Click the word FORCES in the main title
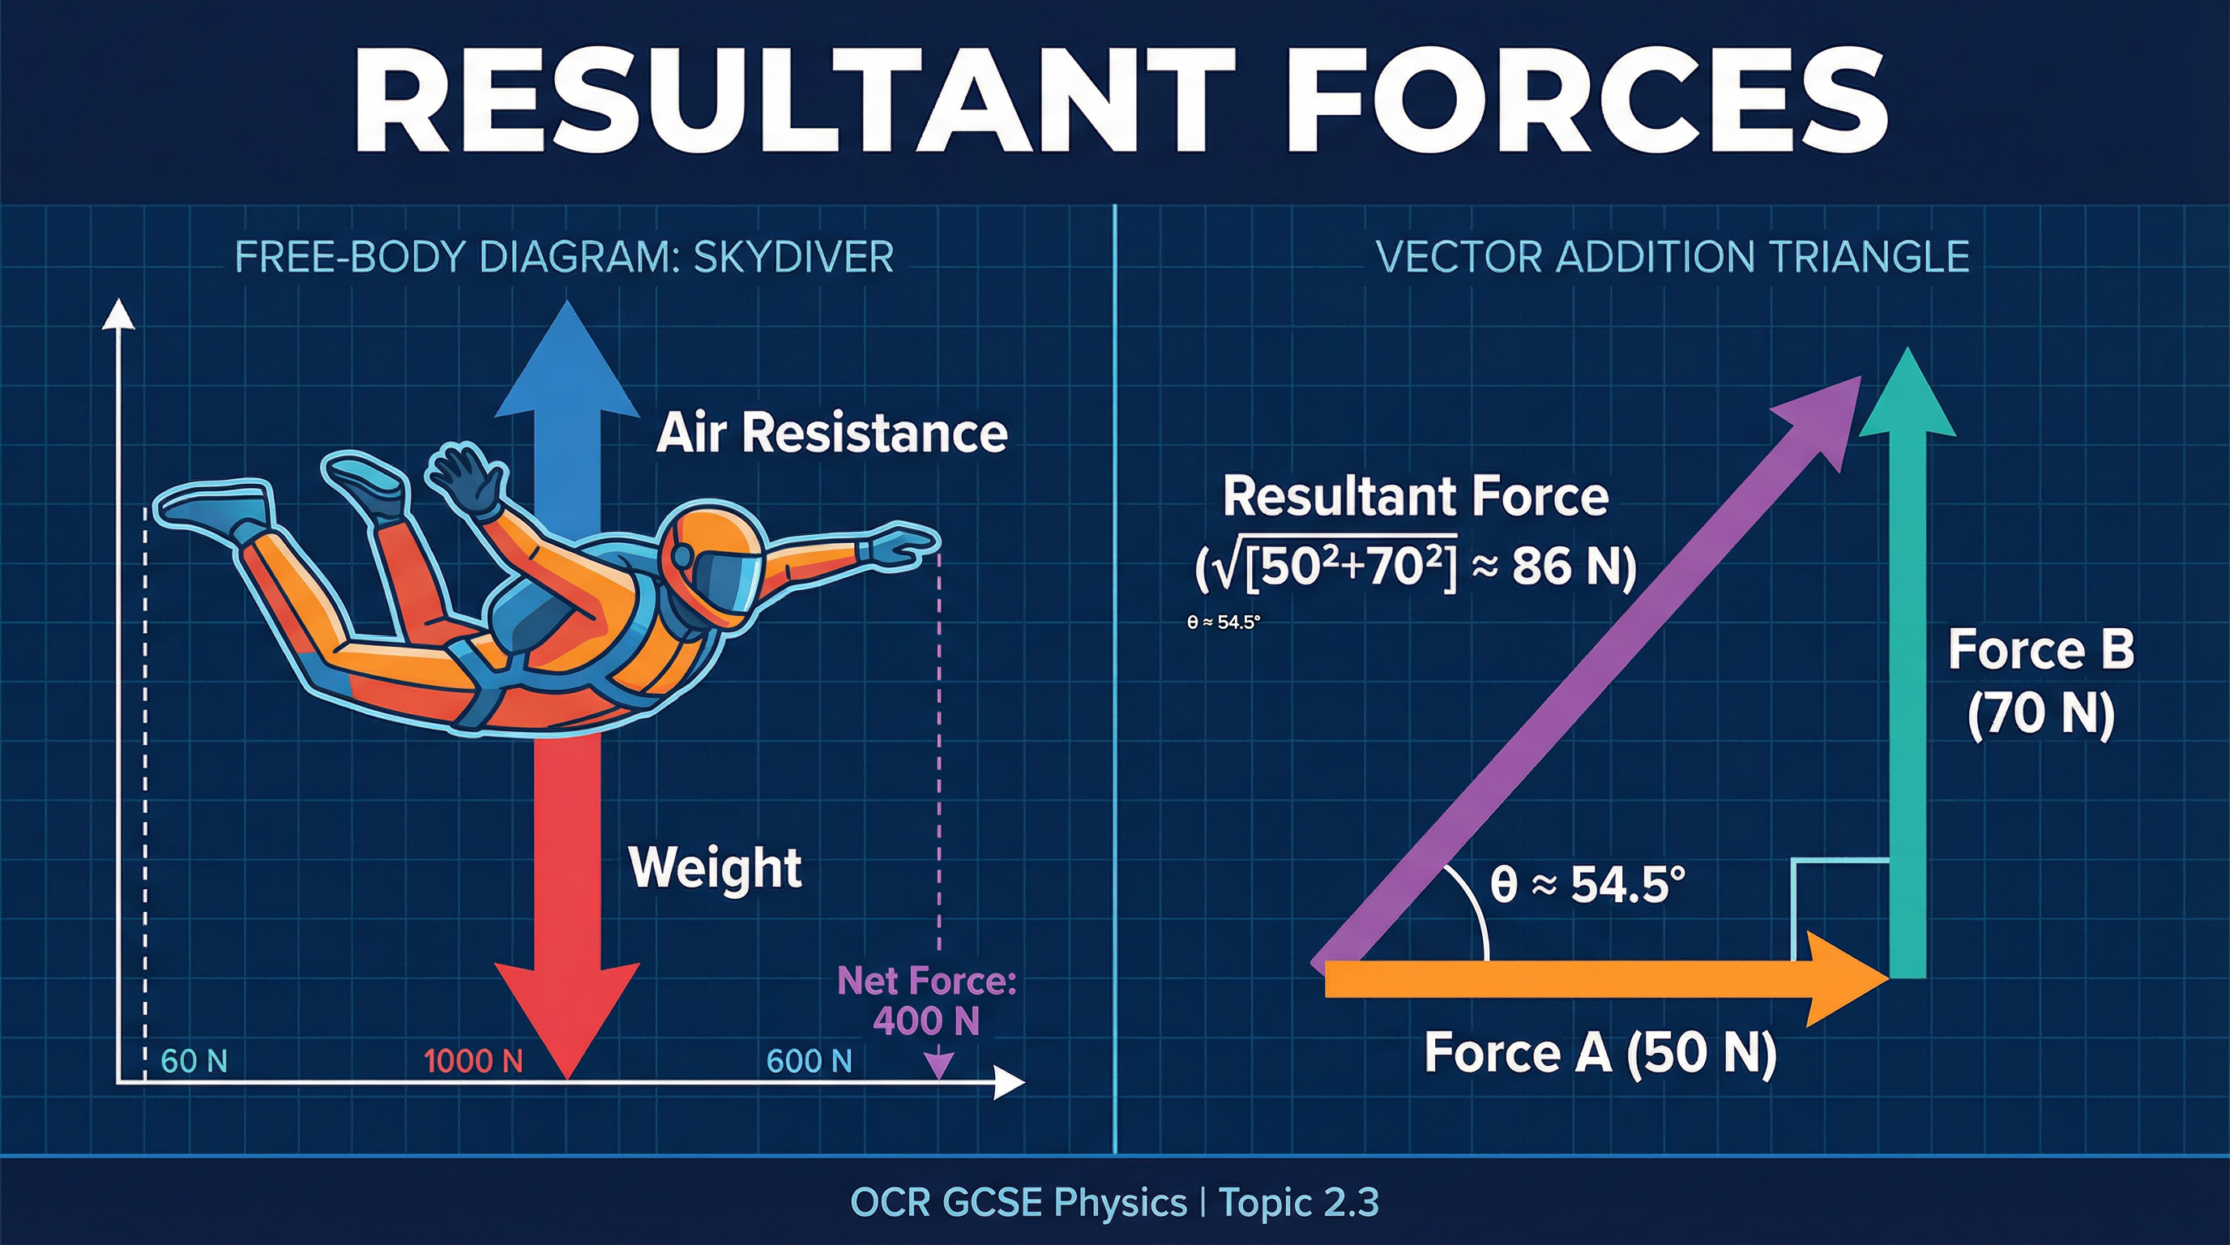pos(1588,101)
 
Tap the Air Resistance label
pos(831,433)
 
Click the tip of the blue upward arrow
pos(567,312)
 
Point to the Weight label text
pos(715,867)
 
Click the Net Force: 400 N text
pos(926,1001)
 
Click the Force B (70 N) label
pos(2040,682)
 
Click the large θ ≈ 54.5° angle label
pos(1587,885)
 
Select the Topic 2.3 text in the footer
pos(1298,1203)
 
